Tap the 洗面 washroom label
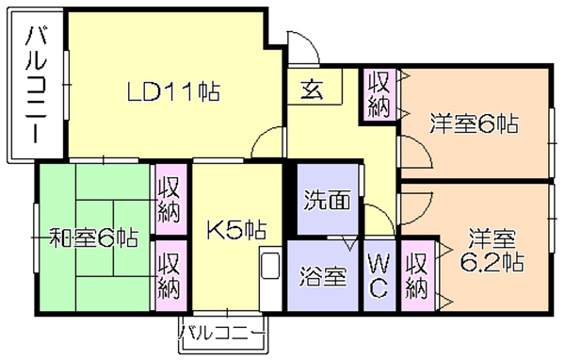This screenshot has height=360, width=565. [x=327, y=200]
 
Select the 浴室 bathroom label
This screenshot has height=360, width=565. [x=323, y=277]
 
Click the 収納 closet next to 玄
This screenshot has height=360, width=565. [x=379, y=91]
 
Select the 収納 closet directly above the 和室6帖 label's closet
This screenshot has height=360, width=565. [x=169, y=200]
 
